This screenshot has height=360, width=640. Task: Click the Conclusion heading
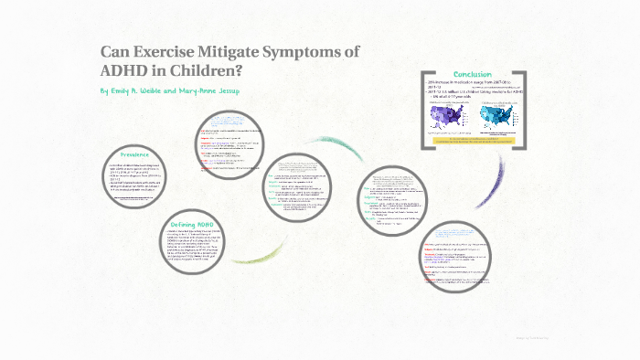coord(472,74)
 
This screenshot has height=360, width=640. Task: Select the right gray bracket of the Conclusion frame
coord(524,109)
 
